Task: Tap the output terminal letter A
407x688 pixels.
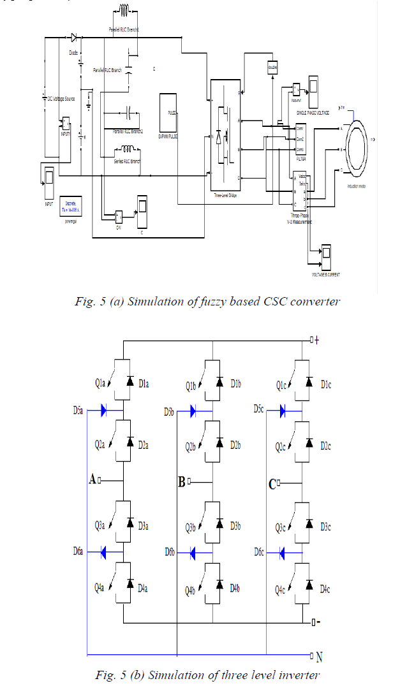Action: point(93,479)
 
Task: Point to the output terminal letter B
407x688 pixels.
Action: point(182,483)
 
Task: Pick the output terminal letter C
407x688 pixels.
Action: point(272,484)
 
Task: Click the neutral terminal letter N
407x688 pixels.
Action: point(319,655)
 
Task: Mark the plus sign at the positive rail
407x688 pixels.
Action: point(316,340)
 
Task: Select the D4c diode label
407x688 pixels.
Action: point(326,590)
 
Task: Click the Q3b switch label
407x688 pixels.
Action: point(191,527)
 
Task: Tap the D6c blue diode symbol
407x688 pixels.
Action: point(282,551)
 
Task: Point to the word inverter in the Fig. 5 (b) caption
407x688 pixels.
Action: point(299,675)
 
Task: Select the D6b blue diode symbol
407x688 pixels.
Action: point(193,552)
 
